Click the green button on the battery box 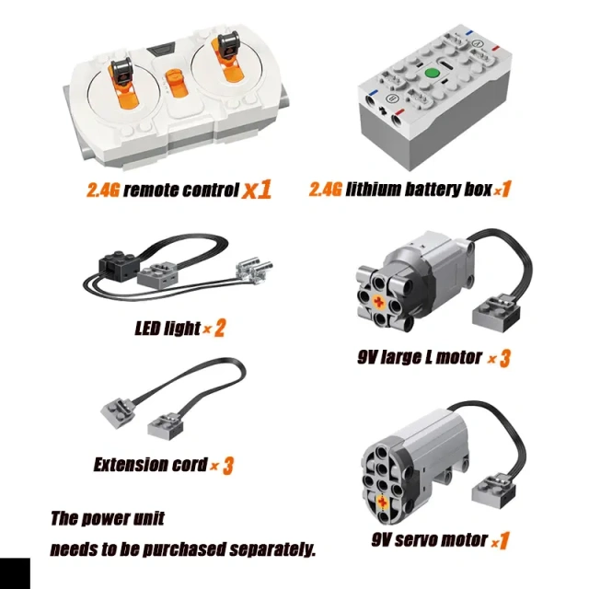tap(432, 73)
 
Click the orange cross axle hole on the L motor tap(378, 301)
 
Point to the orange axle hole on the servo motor tap(382, 502)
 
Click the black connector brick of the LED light tap(118, 266)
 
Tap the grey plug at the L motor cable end tap(496, 312)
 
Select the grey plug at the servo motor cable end tap(493, 491)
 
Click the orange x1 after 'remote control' tap(257, 189)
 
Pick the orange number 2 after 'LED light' tap(219, 328)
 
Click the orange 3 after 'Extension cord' tap(228, 466)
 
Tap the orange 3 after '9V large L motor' tap(505, 358)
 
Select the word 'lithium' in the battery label tap(373, 190)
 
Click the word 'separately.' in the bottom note tap(272, 549)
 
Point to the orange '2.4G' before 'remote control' tap(102, 190)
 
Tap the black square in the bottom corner tap(15, 573)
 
